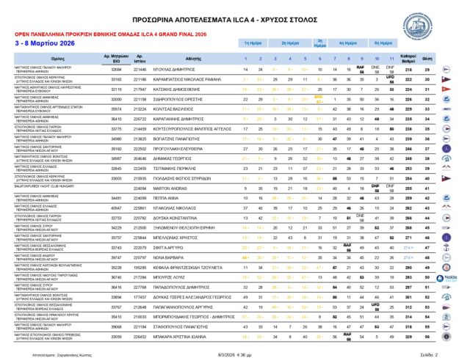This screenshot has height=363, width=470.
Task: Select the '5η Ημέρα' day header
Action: click(382, 43)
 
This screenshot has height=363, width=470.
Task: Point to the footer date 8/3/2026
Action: click(219, 353)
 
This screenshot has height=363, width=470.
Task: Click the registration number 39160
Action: click(116, 148)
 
